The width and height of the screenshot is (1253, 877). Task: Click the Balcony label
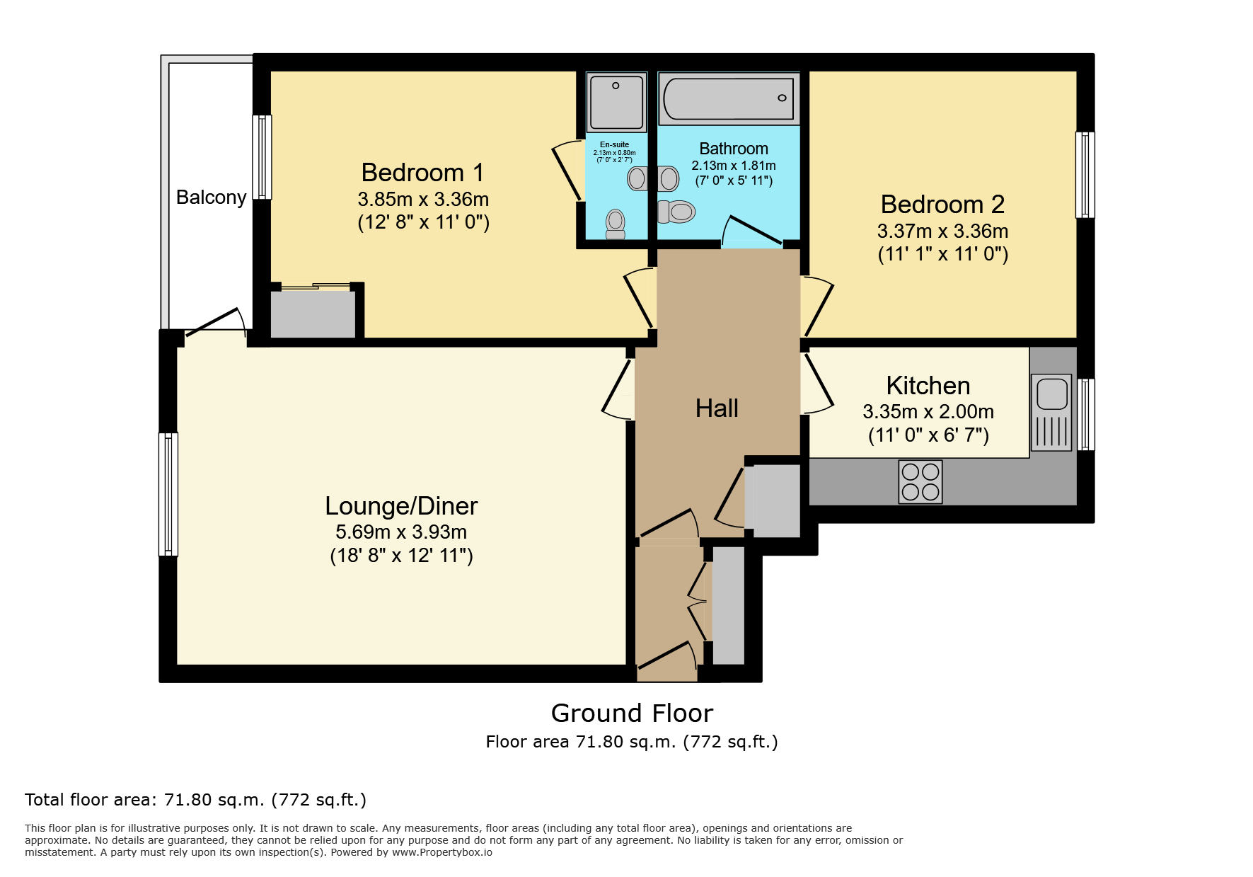coord(211,197)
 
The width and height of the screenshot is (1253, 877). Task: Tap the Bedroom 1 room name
coord(422,173)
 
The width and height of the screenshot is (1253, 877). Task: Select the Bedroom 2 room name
coord(942,205)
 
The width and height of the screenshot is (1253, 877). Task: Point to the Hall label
coord(717,408)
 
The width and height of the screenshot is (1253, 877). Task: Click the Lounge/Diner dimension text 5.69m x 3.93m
coord(401,532)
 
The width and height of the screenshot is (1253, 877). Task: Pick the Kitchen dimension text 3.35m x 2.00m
coord(928,412)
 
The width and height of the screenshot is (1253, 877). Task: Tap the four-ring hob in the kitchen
coord(920,482)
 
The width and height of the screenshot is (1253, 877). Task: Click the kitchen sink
coord(1052,413)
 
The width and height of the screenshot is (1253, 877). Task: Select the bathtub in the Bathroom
coord(729,98)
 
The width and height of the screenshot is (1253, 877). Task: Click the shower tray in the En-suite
coord(616,102)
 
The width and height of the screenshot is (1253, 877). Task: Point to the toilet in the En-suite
coord(616,224)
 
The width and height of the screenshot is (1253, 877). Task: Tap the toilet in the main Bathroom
coord(677,212)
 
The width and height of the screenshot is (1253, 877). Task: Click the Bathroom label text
coord(734,149)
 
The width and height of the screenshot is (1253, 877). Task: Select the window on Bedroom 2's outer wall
coord(1085,175)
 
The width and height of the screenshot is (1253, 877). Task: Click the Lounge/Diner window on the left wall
coord(168,494)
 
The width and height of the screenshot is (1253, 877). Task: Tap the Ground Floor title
coord(632,713)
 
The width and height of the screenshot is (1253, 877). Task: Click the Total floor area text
coord(195,800)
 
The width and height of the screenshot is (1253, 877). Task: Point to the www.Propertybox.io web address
coord(442,852)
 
